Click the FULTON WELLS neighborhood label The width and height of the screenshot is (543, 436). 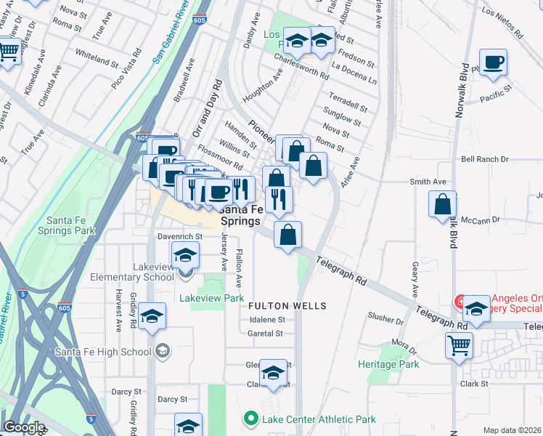[287, 306]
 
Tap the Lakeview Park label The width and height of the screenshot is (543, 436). [211, 298]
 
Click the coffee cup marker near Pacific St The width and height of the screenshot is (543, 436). [493, 63]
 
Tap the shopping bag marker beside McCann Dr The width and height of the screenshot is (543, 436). [443, 205]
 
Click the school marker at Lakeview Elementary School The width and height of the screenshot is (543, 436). [186, 256]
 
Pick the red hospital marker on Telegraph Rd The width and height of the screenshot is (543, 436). [459, 301]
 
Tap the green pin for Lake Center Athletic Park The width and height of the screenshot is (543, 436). [251, 419]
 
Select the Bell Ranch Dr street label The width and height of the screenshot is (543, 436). [482, 159]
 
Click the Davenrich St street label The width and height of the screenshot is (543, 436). [179, 237]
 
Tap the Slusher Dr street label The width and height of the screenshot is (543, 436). [385, 319]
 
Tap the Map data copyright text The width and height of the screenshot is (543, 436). [513, 430]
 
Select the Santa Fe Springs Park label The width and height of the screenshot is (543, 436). [70, 225]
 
